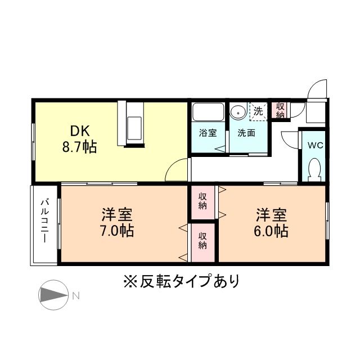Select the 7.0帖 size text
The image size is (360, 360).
(x=118, y=230)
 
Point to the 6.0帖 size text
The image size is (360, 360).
(x=272, y=230)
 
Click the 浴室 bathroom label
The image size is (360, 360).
(x=208, y=133)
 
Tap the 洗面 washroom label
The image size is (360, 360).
(x=246, y=133)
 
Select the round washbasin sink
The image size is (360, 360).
(x=238, y=111)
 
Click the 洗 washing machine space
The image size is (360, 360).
(x=258, y=111)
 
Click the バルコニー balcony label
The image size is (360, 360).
(x=44, y=220)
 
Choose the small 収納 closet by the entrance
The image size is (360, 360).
(x=280, y=110)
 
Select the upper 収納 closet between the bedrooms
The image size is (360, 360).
(x=202, y=201)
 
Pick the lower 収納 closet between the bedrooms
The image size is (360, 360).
(x=202, y=240)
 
